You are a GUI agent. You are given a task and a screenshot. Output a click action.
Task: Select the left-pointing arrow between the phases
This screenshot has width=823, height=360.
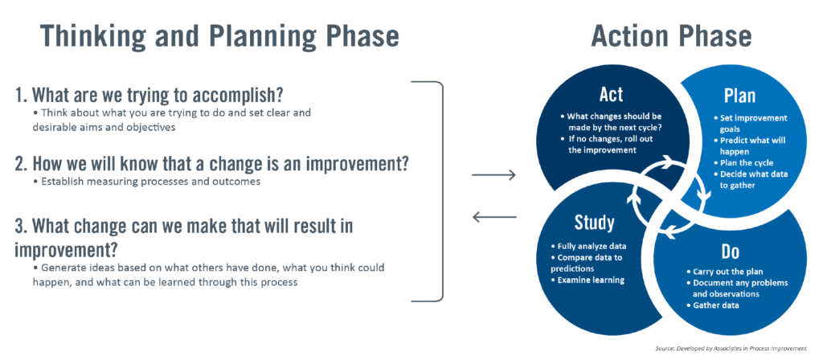point(493,215)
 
